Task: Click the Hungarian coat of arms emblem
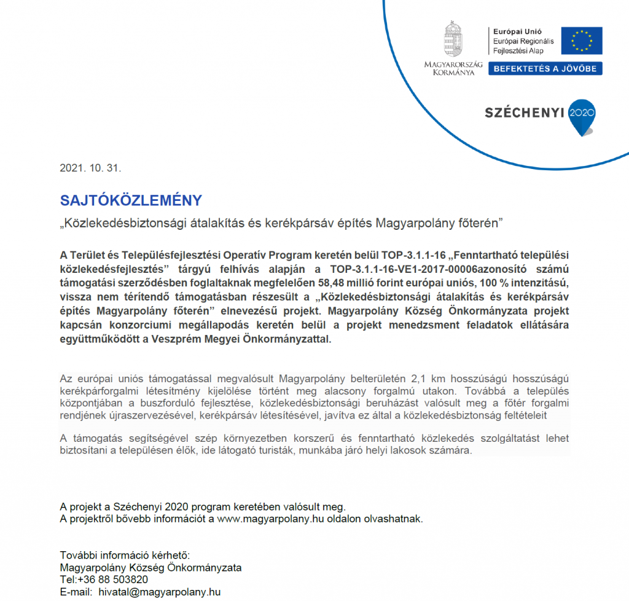coord(453,40)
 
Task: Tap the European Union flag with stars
coord(581,41)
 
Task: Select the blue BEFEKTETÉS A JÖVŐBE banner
coord(545,69)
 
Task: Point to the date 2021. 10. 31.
coord(87,168)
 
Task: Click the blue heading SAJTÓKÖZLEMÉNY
coord(131,200)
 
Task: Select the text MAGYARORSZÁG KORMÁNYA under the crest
coord(453,68)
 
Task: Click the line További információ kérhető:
coord(125,555)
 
